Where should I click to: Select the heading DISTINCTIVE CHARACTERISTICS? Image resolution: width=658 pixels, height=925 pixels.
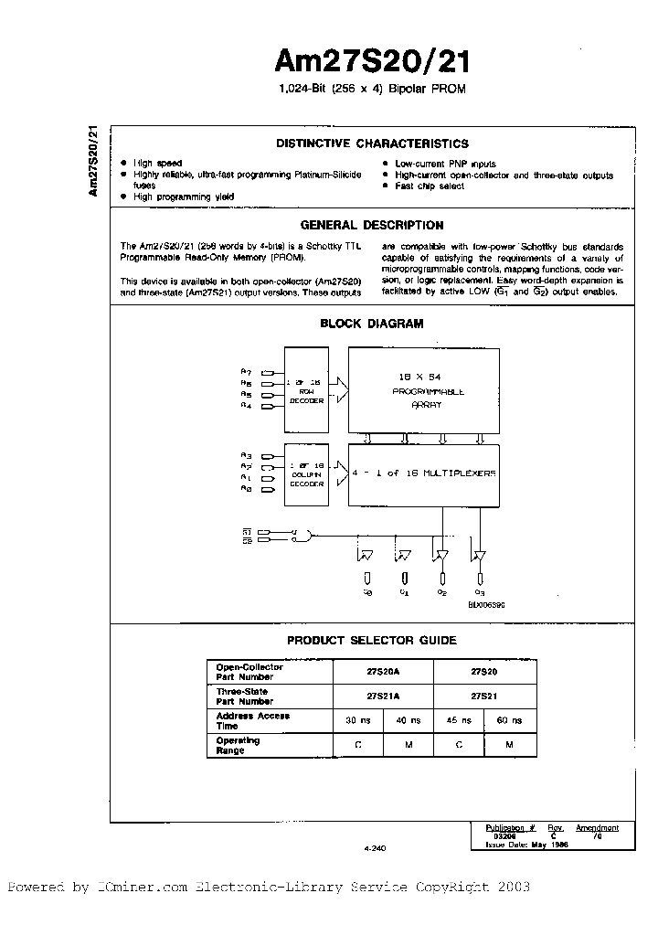pyautogui.click(x=372, y=144)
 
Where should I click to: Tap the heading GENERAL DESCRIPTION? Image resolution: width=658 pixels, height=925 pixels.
pyautogui.click(x=372, y=225)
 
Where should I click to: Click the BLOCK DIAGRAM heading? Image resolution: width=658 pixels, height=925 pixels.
pyautogui.click(x=372, y=323)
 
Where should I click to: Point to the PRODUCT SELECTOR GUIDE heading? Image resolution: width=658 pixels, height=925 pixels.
pyautogui.click(x=372, y=641)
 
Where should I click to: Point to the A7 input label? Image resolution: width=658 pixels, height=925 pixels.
pyautogui.click(x=246, y=371)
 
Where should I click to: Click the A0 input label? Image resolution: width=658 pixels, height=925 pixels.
pyautogui.click(x=246, y=491)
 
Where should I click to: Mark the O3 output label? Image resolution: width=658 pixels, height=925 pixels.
pyautogui.click(x=480, y=591)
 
